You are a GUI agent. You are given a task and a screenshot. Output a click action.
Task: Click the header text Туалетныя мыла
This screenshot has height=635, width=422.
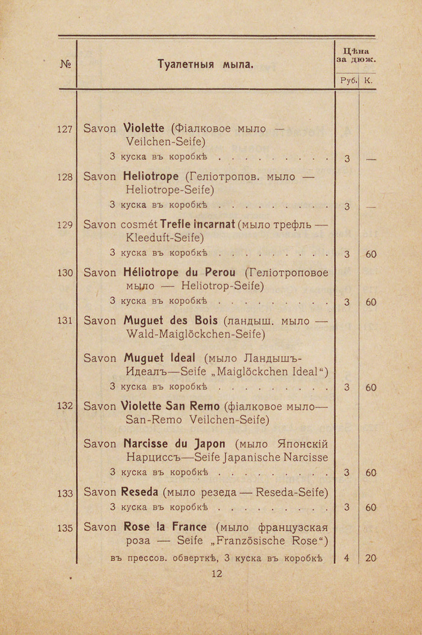(205, 63)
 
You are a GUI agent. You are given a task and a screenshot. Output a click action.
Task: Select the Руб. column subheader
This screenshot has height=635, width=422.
(347, 80)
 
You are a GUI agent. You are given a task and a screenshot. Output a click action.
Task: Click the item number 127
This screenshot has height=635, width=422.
(65, 128)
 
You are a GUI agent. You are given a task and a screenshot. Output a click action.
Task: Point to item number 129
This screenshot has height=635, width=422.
(65, 224)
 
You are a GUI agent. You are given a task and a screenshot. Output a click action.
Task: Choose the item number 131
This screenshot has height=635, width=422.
(65, 320)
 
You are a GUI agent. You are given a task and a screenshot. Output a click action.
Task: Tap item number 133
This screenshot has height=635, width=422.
(65, 493)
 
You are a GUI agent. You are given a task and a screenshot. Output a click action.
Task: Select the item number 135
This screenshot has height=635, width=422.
(65, 528)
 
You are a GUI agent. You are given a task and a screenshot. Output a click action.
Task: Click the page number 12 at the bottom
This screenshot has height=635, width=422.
(218, 574)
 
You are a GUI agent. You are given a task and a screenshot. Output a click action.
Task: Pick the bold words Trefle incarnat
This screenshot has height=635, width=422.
(197, 224)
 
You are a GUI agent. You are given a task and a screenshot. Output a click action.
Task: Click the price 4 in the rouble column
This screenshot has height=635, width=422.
(347, 558)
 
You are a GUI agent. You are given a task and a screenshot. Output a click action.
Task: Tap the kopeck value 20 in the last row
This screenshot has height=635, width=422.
(370, 558)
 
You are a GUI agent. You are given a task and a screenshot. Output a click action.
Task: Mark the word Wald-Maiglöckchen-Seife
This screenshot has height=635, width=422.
(195, 333)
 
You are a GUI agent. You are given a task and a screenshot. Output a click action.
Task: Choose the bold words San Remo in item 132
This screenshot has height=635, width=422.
(195, 406)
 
